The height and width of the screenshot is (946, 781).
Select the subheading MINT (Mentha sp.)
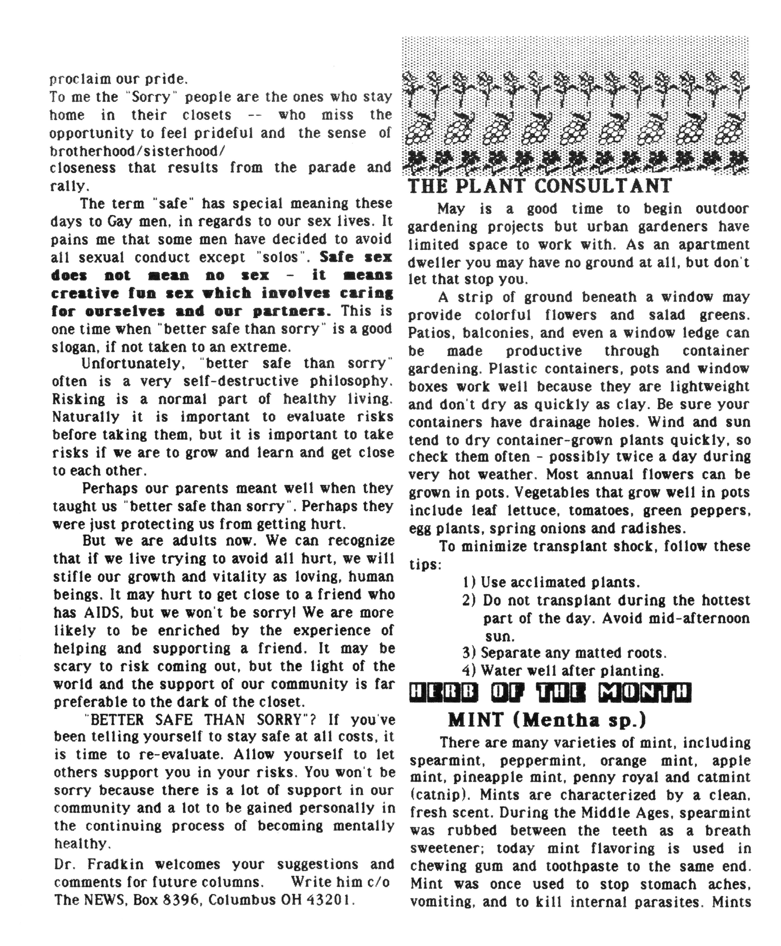pos(547,720)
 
